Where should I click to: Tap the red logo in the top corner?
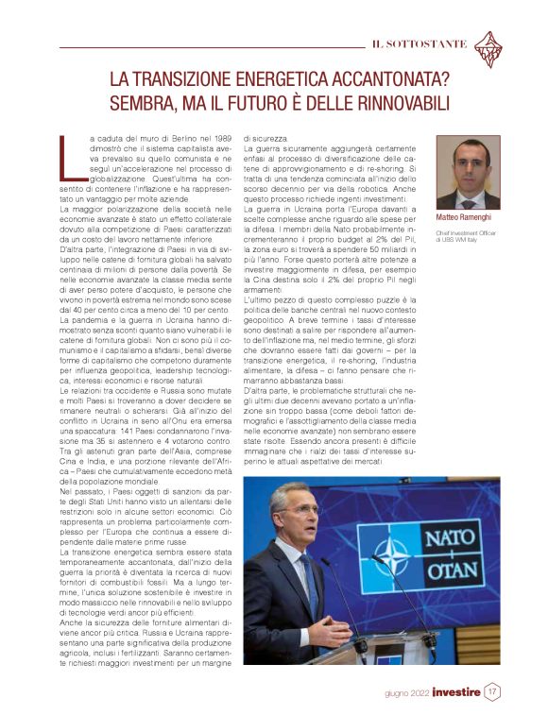coord(488,45)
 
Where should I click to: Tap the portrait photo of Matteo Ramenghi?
coord(468,173)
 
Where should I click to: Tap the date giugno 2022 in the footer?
coord(406,692)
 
